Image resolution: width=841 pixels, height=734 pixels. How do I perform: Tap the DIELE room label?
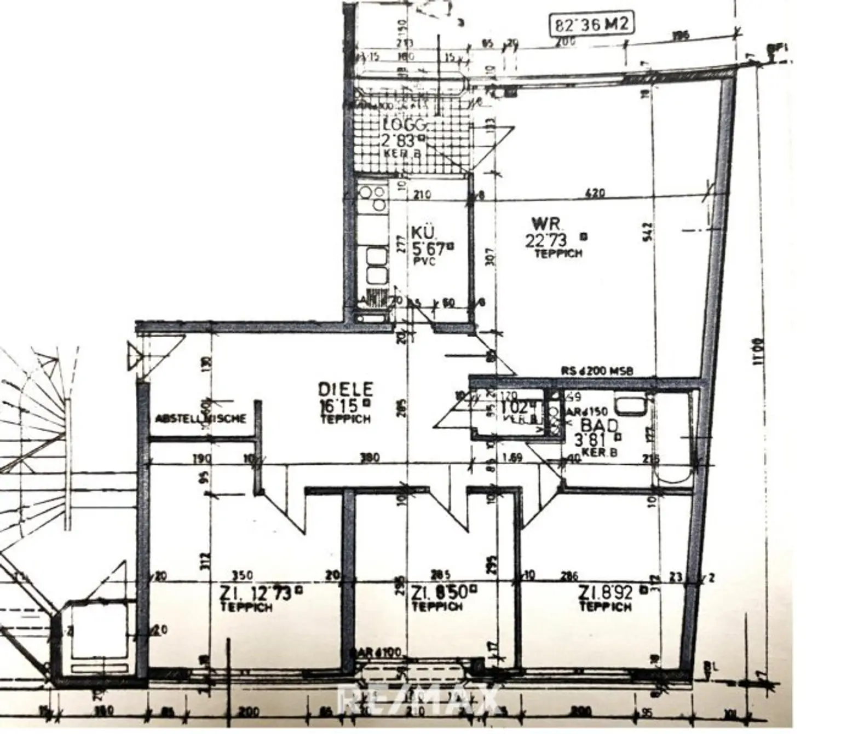click(x=345, y=389)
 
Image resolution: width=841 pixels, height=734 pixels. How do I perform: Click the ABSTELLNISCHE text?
click(x=201, y=419)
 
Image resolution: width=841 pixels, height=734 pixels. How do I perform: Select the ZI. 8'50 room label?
click(x=443, y=592)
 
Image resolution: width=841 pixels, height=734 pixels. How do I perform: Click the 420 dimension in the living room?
click(x=595, y=193)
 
